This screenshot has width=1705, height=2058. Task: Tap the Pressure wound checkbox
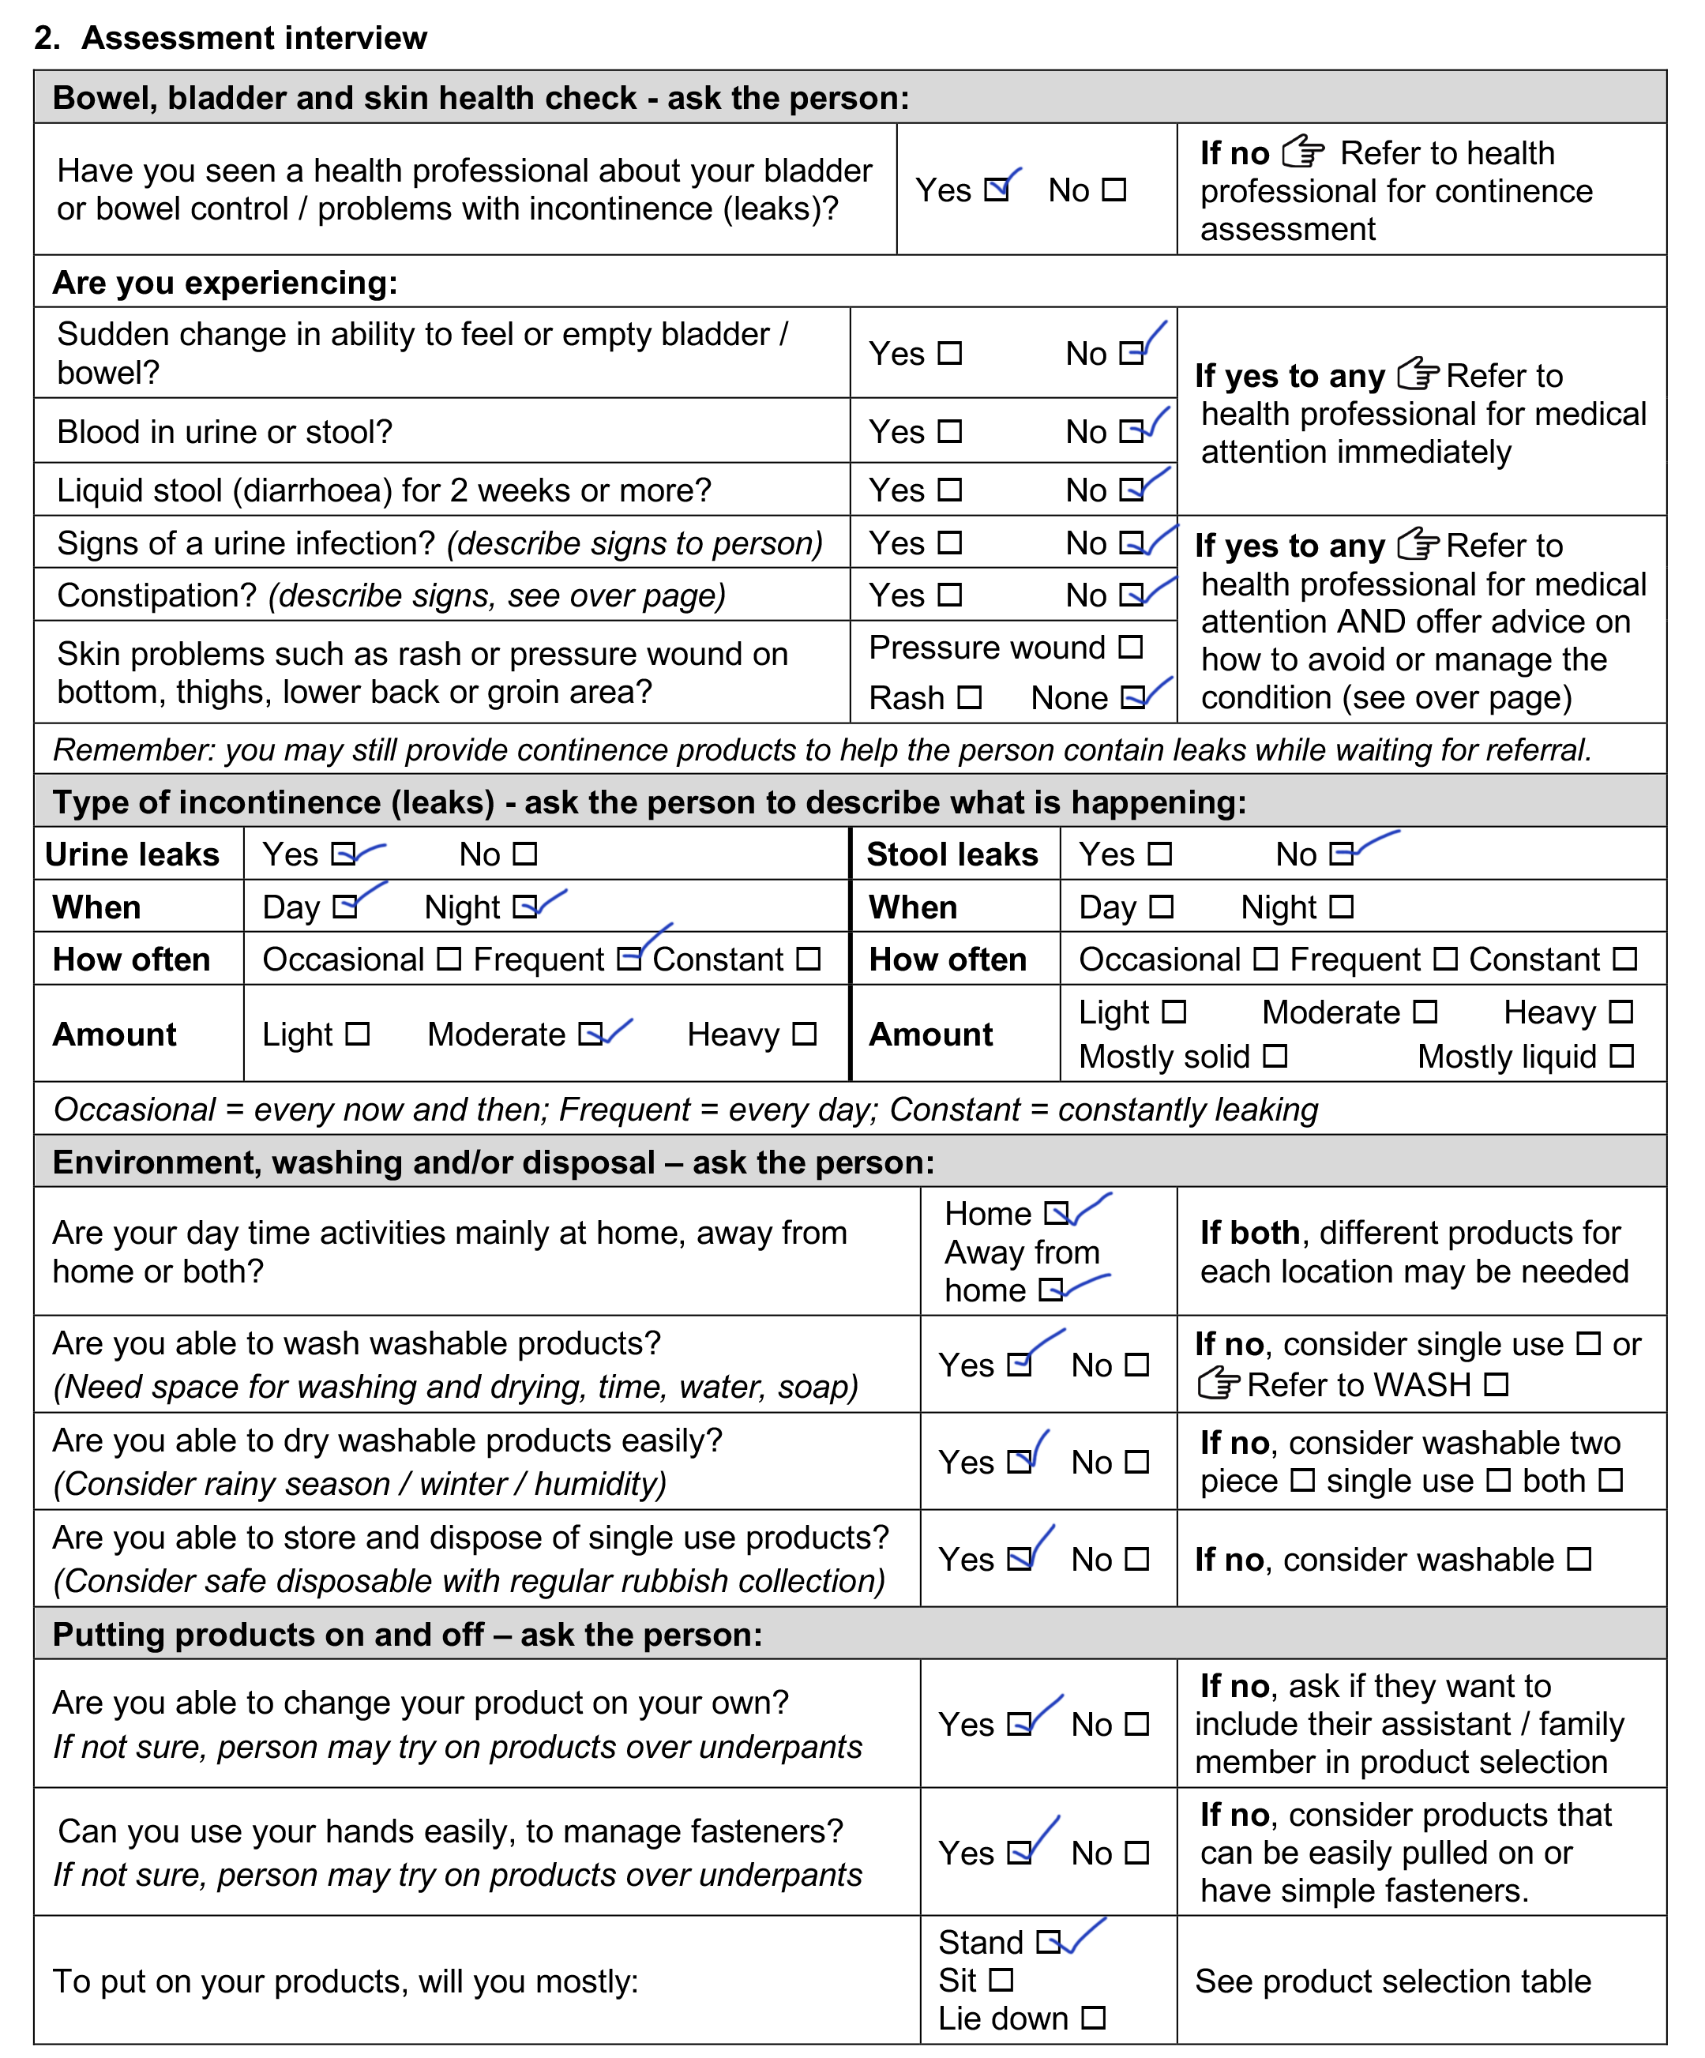click(x=1131, y=647)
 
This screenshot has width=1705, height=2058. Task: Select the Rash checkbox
click(x=969, y=698)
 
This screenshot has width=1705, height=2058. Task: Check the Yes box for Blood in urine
click(x=949, y=431)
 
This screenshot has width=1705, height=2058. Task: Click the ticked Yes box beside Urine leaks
click(x=343, y=854)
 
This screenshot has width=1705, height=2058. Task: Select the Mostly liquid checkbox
click(x=1622, y=1057)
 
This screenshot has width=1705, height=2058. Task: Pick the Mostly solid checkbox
click(x=1275, y=1057)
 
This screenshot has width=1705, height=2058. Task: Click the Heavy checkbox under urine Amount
click(x=805, y=1034)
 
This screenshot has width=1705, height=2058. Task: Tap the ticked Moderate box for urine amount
click(x=590, y=1034)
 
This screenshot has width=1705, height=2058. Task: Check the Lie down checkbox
click(x=1094, y=2019)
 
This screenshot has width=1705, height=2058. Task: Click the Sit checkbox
click(x=1001, y=1981)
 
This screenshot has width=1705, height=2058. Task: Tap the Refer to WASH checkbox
click(x=1495, y=1384)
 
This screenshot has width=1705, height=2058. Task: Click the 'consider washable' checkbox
click(x=1579, y=1559)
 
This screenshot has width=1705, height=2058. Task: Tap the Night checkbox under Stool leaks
click(x=1342, y=907)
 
